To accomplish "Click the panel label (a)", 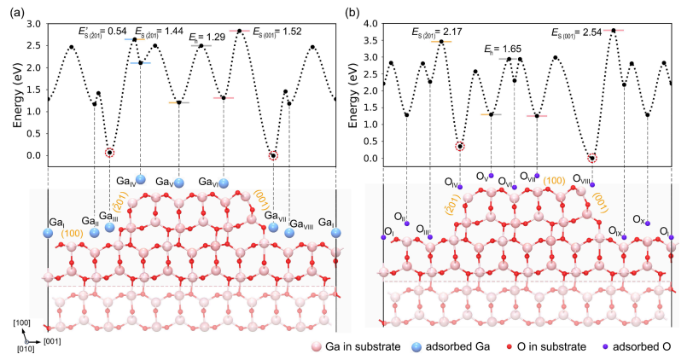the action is coord(16,12).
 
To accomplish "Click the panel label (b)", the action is coord(352,12).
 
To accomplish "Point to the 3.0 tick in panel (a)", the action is coord(34,24).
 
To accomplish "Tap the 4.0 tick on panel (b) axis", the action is coord(370,24).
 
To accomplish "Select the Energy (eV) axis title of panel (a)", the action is coord(17,96).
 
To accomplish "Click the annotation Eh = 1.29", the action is coord(207,37).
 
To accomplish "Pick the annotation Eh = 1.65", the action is coord(503,49).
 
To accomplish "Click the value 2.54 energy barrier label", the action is coord(577,32).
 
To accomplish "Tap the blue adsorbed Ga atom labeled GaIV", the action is coord(141,179).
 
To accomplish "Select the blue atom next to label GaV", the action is coord(179,183).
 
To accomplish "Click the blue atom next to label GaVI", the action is coord(224,183).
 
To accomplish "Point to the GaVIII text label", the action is coord(301,224).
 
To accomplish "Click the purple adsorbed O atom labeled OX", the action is coord(648,224).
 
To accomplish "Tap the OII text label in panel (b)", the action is coord(399,217).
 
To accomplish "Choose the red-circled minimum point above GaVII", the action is coord(274,155).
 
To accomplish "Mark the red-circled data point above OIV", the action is coord(460,147).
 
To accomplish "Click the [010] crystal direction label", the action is coord(26,350).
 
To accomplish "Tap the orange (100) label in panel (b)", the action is coord(554,181).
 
